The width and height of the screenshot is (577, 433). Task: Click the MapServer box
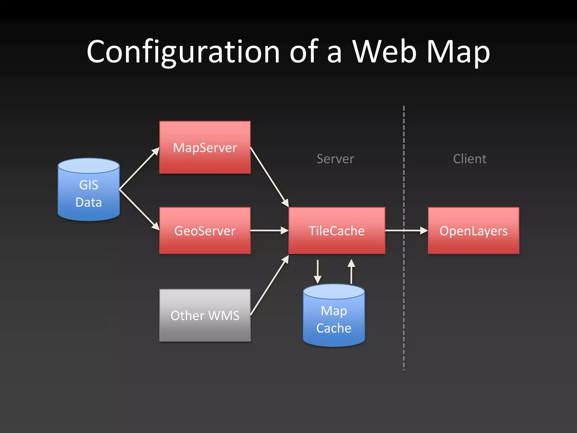click(205, 147)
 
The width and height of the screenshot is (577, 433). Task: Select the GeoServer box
click(205, 231)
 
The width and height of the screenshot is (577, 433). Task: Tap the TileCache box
click(337, 231)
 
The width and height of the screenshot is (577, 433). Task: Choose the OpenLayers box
click(473, 231)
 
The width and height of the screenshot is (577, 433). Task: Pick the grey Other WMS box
click(205, 315)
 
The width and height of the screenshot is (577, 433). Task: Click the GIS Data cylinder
click(88, 193)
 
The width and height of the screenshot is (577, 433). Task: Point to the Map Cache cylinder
click(334, 319)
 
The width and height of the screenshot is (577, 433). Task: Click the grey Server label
click(335, 159)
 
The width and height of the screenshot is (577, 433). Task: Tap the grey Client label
click(470, 159)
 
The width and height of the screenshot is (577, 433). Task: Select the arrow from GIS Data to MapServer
click(139, 168)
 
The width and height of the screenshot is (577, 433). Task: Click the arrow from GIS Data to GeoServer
click(139, 209)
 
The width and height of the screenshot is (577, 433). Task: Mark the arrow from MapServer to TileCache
click(269, 177)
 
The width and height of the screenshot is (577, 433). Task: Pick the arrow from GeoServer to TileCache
click(269, 231)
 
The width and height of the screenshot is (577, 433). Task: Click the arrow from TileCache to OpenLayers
click(406, 231)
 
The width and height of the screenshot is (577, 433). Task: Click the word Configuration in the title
click(183, 52)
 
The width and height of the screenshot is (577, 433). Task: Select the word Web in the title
click(384, 52)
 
